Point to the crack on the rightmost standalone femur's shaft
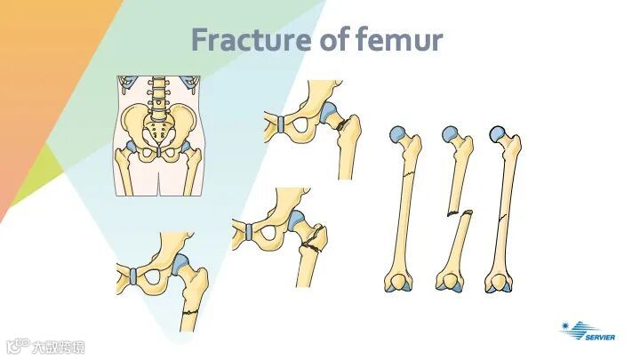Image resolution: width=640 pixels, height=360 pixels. pos(503,218)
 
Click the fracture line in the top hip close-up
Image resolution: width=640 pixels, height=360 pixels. pos(343,124)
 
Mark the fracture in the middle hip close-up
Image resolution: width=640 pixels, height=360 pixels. pos(311,240)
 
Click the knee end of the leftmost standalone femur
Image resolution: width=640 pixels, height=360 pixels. pos(397,284)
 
